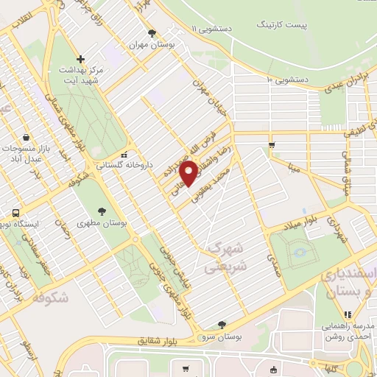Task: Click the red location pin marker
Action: point(190,174)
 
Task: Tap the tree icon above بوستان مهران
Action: point(152,33)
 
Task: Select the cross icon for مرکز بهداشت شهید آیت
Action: point(81,58)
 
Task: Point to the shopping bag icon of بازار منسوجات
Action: point(27,137)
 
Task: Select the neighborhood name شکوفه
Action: point(52,297)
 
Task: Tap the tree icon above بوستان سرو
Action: point(222,325)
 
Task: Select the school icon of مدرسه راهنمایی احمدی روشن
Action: point(348,314)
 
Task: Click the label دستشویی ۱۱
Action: point(211,28)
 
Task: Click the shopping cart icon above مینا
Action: point(272,144)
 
